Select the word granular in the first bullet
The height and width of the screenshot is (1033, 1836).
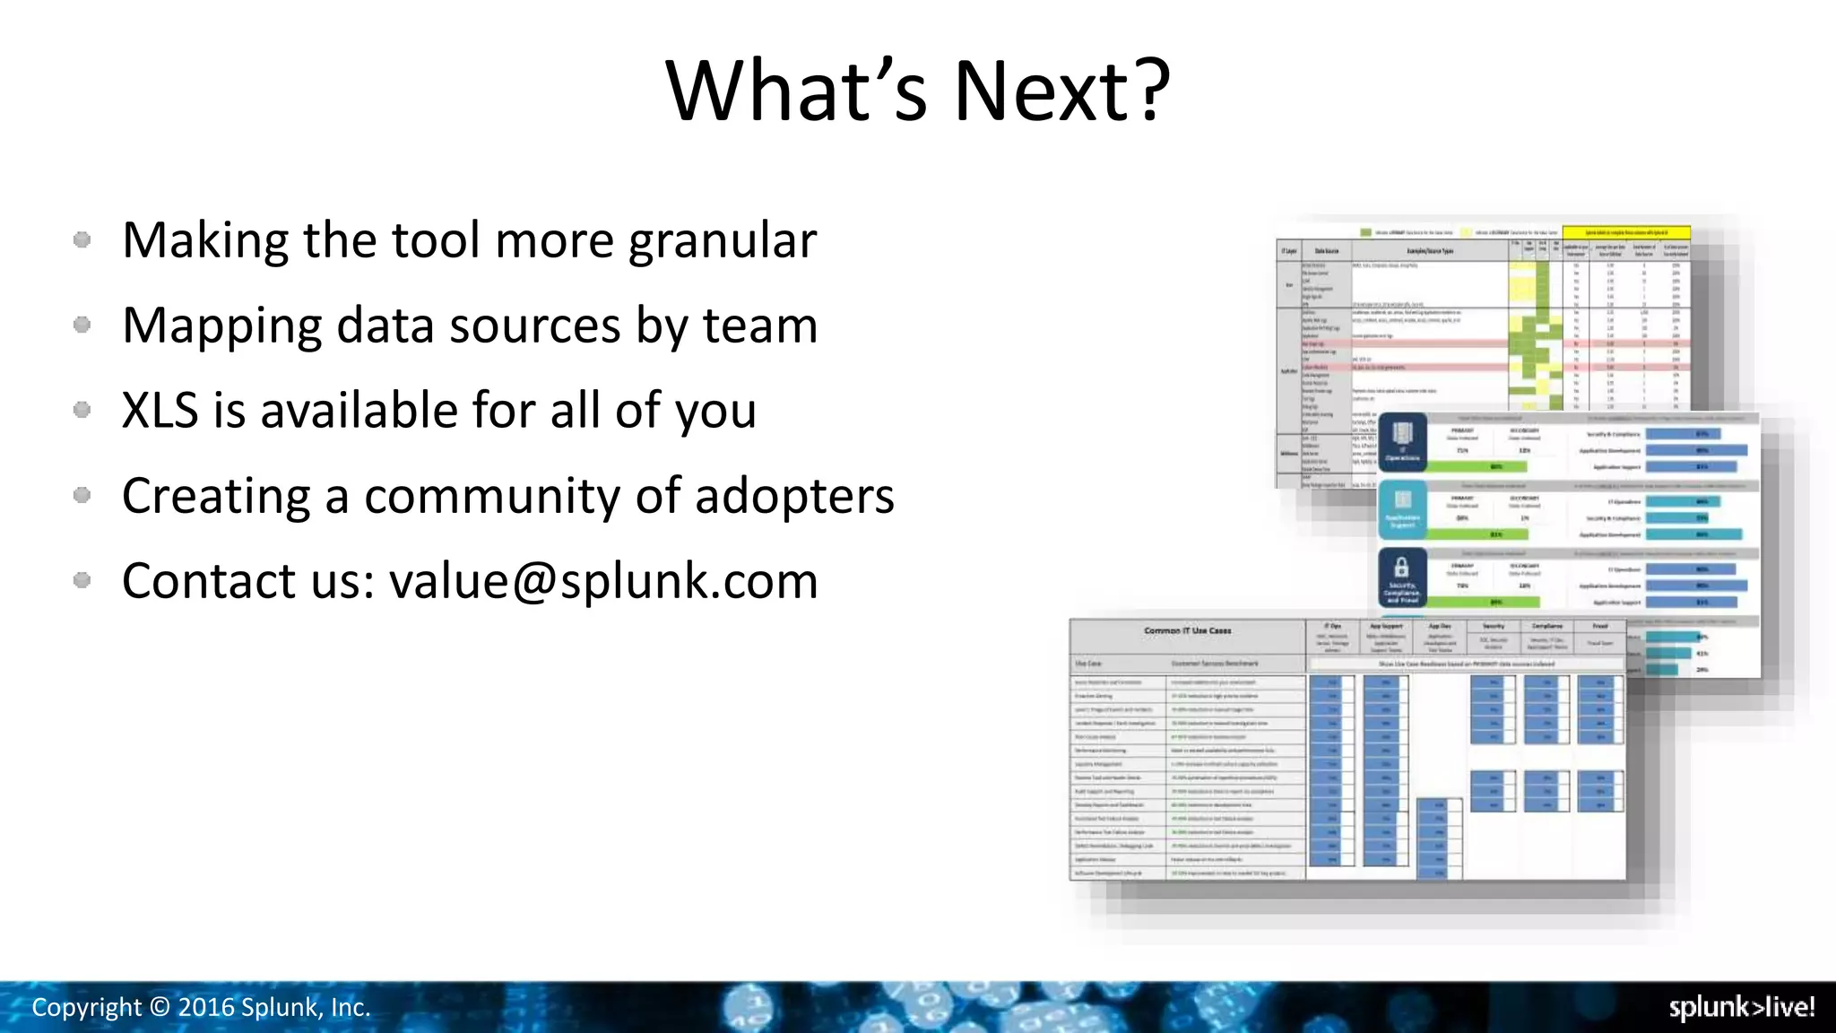[x=722, y=241]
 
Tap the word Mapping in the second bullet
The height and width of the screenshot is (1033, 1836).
[x=221, y=326]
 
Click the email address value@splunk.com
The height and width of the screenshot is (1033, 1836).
[x=603, y=581]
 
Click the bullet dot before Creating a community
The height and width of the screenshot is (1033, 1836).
[x=82, y=495]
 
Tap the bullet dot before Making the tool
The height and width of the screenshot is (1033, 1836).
[x=82, y=239]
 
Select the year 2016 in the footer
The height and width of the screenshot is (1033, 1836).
[x=206, y=1007]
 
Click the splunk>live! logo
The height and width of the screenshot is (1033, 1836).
[x=1741, y=1007]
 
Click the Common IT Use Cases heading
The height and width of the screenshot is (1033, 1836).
[x=1187, y=630]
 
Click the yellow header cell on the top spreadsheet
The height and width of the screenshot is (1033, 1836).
[x=1625, y=232]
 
